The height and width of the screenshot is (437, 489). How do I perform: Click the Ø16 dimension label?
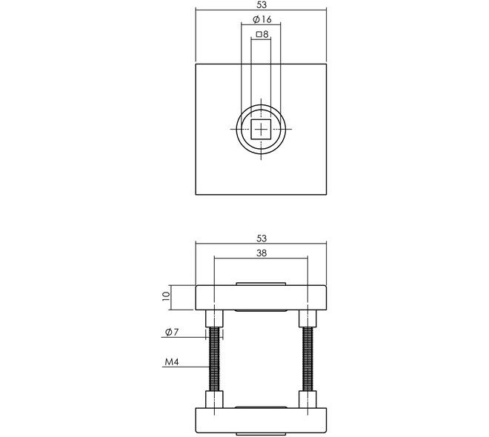tap(262, 19)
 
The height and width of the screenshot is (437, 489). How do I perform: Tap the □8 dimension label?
tap(262, 34)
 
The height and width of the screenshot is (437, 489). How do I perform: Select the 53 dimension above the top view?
tap(262, 4)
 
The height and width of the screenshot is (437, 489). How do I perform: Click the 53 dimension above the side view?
tap(262, 238)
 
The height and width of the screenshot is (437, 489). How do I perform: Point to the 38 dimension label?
tap(262, 253)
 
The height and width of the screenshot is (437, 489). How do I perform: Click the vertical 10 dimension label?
tap(166, 296)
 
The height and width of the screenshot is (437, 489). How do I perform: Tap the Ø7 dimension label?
tap(172, 333)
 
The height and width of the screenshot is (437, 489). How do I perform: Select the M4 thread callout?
tap(172, 362)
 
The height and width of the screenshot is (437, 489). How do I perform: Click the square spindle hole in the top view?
tap(261, 129)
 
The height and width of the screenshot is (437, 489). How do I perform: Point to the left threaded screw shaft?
tap(214, 358)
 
